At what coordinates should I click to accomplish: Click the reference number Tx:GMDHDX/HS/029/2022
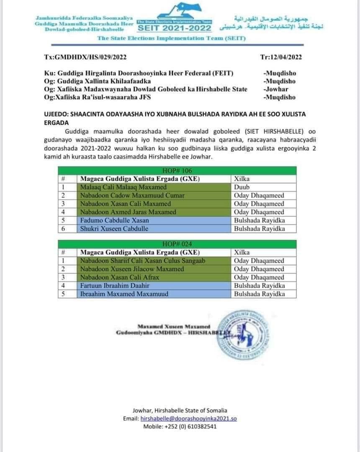coord(85,57)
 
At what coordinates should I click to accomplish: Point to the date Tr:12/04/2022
coord(281,57)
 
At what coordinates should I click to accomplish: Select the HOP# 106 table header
coord(176,170)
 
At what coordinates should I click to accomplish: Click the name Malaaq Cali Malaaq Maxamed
coord(118,187)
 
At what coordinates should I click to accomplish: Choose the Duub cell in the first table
coord(241,187)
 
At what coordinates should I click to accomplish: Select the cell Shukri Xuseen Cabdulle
coord(108,229)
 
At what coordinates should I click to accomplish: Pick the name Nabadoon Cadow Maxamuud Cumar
coord(126,195)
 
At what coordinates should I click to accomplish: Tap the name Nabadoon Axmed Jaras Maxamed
coord(125,212)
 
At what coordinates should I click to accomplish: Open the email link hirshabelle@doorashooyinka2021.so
coord(189,419)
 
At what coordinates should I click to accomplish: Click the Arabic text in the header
coord(274,23)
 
